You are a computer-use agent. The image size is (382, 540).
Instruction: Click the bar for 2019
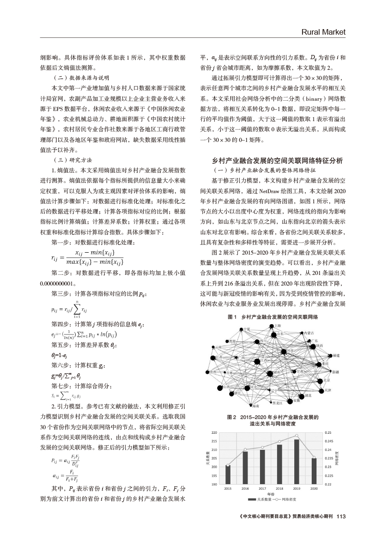pos(297,463)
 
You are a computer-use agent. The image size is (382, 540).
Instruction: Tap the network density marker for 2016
pos(245,449)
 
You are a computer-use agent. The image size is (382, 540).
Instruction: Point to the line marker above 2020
pos(314,458)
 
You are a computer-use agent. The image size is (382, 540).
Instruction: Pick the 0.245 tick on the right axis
pos(328,441)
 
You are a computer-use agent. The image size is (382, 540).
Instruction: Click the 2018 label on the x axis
pos(279,488)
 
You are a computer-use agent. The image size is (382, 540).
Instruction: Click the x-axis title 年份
pos(271,493)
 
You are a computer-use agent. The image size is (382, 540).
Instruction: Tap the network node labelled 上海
pos(267,326)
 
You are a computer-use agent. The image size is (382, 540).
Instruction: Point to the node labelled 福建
pos(330,356)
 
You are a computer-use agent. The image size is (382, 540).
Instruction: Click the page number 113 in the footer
pos(341,516)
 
